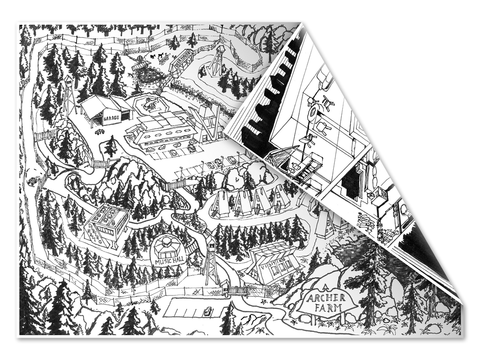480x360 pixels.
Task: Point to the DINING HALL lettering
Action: click(x=96, y=235)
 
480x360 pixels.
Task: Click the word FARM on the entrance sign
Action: click(x=328, y=307)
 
